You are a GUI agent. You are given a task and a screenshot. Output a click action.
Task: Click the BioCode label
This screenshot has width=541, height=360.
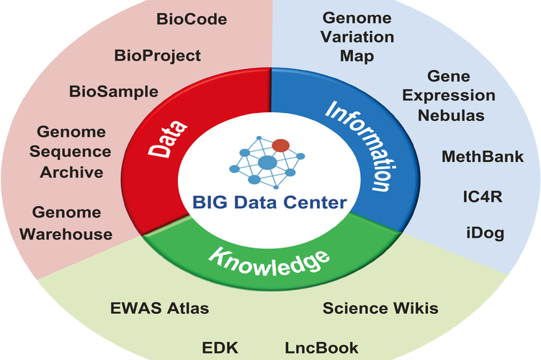tap(192, 19)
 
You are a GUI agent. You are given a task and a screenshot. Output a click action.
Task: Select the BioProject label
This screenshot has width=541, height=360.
tap(157, 56)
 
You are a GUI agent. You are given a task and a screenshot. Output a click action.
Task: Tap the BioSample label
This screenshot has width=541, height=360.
tap(114, 92)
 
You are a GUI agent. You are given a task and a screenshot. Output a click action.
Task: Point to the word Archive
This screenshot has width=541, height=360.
tap(71, 172)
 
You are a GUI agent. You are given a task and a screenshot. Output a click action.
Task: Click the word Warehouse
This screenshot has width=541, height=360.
tap(66, 235)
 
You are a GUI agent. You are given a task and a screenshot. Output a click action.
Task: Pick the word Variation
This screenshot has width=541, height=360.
tap(357, 37)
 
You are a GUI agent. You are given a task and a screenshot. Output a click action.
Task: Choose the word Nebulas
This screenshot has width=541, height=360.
tap(451, 115)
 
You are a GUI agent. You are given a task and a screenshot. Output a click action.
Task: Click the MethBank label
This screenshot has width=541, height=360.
tap(483, 156)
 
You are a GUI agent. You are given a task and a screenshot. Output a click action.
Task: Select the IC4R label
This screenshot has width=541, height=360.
tap(483, 197)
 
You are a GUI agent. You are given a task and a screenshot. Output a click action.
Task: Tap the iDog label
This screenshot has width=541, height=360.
tap(485, 233)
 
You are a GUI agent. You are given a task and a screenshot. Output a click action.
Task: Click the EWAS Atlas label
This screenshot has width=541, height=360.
tap(159, 308)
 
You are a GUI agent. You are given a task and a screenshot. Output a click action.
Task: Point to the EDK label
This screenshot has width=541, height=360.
tap(220, 348)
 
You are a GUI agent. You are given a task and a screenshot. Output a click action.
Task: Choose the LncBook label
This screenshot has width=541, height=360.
tap(321, 348)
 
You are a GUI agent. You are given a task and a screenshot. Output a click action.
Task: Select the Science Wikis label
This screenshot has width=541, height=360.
tap(380, 308)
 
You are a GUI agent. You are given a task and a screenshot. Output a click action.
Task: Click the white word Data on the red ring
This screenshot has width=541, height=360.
tap(168, 139)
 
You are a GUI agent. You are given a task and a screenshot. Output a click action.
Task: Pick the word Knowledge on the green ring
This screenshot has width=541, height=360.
tap(269, 262)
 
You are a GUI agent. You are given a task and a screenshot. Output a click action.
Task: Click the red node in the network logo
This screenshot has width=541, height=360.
tap(281, 145)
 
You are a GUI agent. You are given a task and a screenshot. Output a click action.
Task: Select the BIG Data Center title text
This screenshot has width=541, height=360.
tap(269, 202)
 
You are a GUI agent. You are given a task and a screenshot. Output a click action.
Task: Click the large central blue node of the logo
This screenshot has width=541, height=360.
tap(267, 163)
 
